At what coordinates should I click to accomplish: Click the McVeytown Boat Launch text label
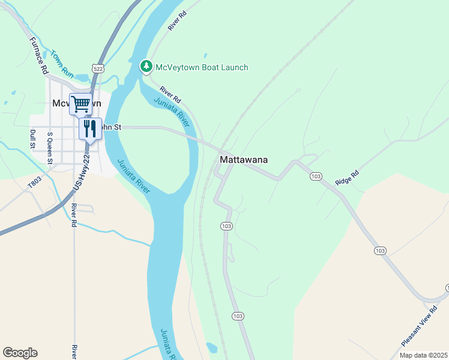[x=202, y=67]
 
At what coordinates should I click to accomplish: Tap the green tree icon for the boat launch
[x=146, y=67]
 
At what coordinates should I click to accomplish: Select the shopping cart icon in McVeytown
[x=80, y=104]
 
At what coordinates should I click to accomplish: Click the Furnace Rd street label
[x=37, y=55]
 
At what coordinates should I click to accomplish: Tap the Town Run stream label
[x=62, y=65]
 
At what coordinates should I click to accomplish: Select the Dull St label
[x=33, y=140]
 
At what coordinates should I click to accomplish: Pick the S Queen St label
[x=50, y=148]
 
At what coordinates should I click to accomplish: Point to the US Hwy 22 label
[x=81, y=173]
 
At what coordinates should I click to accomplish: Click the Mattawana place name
[x=243, y=160]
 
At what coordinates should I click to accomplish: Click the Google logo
[x=20, y=352]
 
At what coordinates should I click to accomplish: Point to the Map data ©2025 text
[x=423, y=355]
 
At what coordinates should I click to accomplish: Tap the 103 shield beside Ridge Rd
[x=316, y=176]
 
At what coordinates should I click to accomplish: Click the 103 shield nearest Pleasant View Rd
[x=379, y=250]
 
